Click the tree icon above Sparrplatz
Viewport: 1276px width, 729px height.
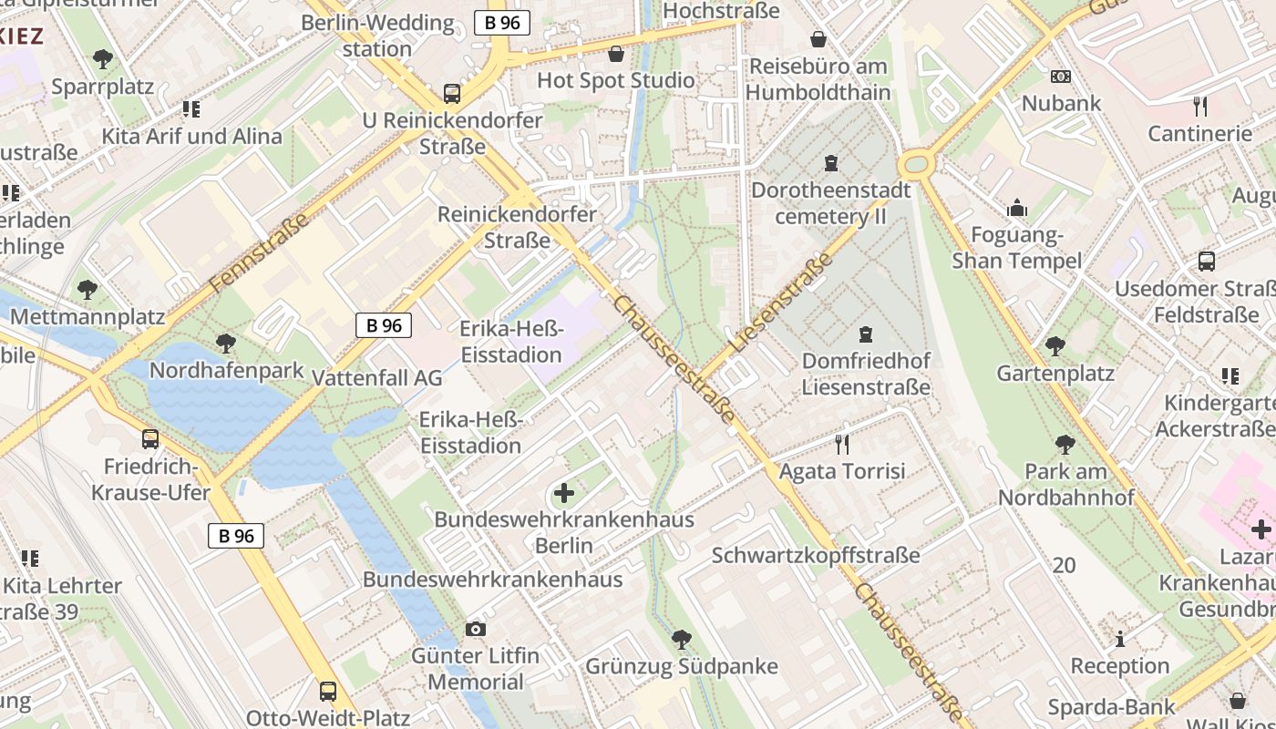[x=102, y=59]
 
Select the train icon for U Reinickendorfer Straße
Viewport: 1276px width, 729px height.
[x=451, y=93]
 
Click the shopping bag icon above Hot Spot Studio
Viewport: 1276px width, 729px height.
[x=616, y=54]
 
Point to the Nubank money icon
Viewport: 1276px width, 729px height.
[x=1060, y=77]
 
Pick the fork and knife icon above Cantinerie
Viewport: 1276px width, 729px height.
[x=1199, y=107]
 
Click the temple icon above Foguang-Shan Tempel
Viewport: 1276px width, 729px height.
[x=1016, y=209]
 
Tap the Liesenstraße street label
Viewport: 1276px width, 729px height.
[x=781, y=303]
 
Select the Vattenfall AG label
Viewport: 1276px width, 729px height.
[x=376, y=377]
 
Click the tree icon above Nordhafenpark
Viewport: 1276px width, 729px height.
[x=225, y=344]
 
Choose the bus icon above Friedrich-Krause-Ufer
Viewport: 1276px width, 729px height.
[x=150, y=439]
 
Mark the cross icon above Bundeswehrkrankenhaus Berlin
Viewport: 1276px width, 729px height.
[x=564, y=493]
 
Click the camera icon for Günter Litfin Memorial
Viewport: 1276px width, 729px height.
[x=475, y=629]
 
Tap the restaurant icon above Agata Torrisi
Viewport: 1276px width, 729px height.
[x=842, y=444]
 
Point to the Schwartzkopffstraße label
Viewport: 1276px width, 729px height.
[x=816, y=555]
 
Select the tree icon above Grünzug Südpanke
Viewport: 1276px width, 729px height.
[x=681, y=639]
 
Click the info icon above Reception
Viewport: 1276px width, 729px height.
[x=1120, y=639]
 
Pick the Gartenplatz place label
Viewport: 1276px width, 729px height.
[x=1055, y=373]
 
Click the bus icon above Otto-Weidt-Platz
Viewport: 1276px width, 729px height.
[x=328, y=691]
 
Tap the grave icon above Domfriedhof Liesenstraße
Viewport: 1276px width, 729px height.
[x=865, y=334]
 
